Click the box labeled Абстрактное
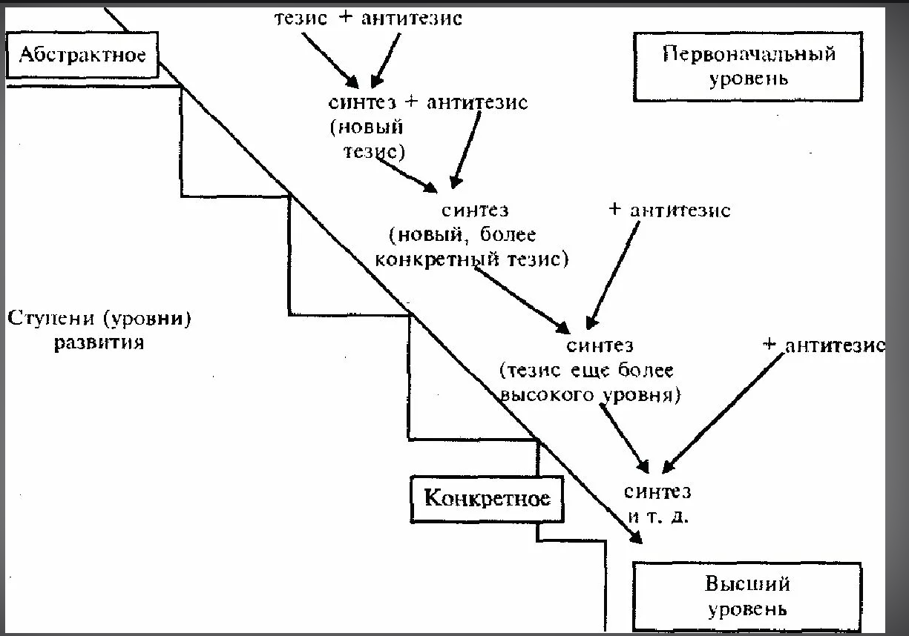[82, 56]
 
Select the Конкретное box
[487, 497]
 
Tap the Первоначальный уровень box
[748, 65]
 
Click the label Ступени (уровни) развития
[99, 331]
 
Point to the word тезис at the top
[302, 18]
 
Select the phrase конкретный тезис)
[470, 259]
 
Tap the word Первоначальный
[749, 54]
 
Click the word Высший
[747, 584]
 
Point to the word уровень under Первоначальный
[748, 78]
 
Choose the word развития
[99, 343]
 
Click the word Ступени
[52, 319]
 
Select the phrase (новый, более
[462, 235]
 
